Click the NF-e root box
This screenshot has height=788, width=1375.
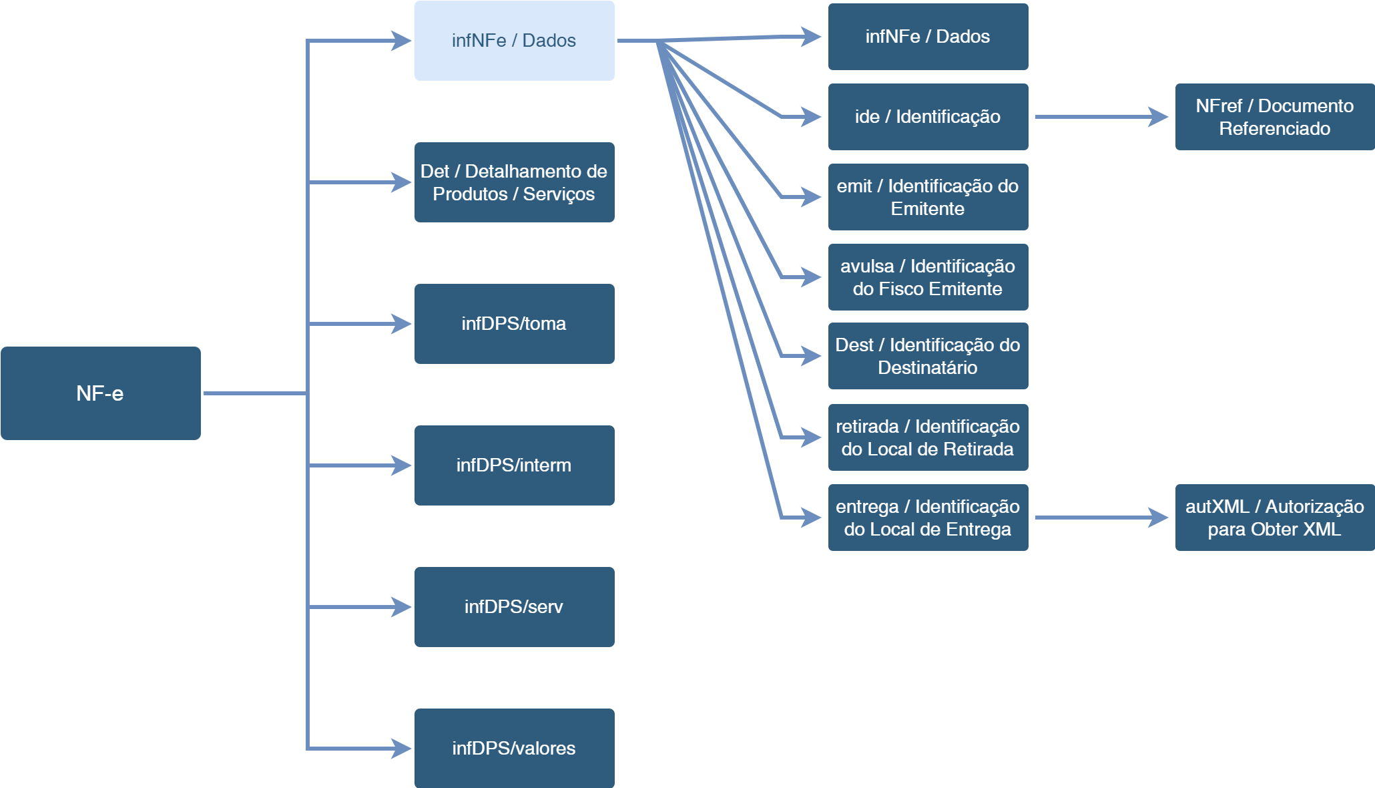click(101, 393)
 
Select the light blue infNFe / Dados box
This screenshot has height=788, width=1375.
click(514, 41)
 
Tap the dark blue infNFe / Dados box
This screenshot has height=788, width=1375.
click(928, 37)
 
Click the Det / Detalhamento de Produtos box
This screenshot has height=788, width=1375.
click(514, 182)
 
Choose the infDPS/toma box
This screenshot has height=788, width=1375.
click(514, 324)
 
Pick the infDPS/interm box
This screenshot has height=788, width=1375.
click(514, 465)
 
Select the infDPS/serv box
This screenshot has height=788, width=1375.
click(514, 607)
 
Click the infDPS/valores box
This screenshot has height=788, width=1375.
click(514, 749)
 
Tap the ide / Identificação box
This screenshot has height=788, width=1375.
click(928, 117)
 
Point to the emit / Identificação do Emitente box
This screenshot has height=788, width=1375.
click(928, 197)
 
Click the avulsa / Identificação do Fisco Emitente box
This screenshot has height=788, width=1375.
click(928, 277)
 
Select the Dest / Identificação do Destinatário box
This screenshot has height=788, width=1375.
click(928, 356)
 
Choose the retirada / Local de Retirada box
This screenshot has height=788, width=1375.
click(928, 437)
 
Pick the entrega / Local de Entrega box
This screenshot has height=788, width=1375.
click(928, 518)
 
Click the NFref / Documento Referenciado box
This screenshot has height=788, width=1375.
click(1275, 117)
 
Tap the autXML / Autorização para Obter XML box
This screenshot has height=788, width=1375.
click(1275, 518)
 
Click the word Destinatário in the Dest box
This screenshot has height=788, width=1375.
click(927, 368)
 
